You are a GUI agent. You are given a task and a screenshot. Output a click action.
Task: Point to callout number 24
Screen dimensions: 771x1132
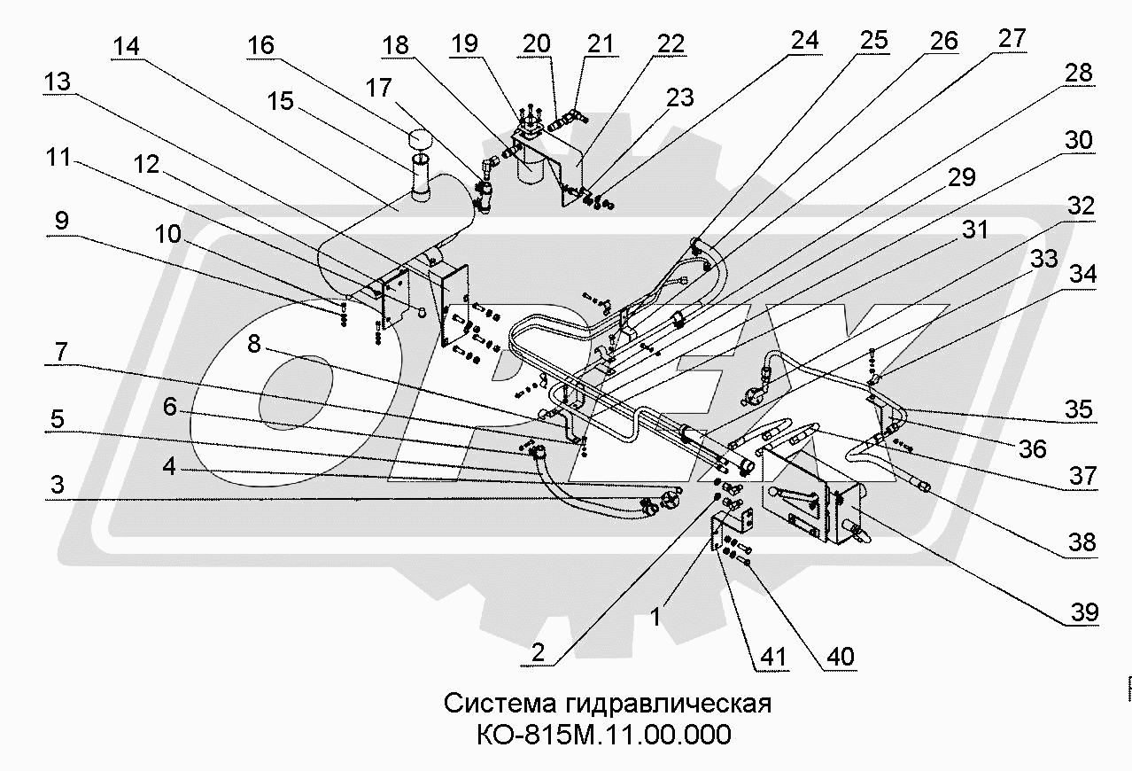[805, 39]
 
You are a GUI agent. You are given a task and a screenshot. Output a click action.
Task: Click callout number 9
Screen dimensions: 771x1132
[60, 220]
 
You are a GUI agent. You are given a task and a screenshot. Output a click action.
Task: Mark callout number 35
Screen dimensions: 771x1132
[1079, 410]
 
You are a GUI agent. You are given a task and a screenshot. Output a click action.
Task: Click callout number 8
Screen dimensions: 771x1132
[254, 345]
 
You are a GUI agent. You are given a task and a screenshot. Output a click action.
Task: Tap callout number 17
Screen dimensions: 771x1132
[378, 89]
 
